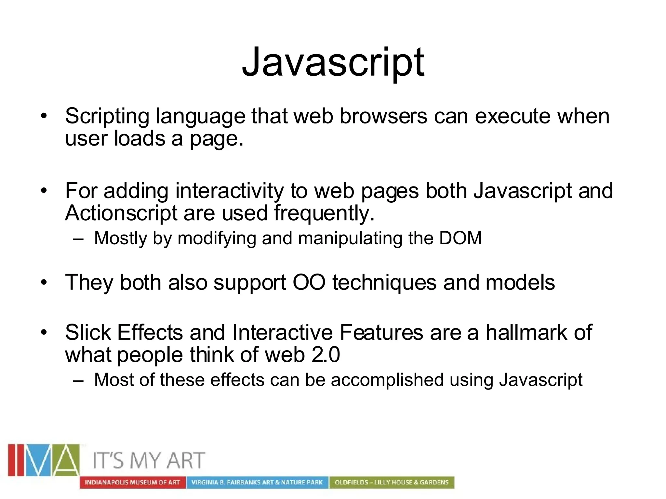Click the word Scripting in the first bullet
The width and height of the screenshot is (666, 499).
[x=107, y=116]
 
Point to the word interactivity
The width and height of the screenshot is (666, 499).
[x=229, y=191]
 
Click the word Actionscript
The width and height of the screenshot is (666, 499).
[x=121, y=213]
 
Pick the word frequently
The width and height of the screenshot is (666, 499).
[x=324, y=214]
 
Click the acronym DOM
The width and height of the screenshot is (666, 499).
[x=460, y=238]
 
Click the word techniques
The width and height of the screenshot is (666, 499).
[x=384, y=283]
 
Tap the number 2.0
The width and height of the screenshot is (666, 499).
[x=326, y=354]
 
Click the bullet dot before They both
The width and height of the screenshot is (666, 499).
[x=44, y=282]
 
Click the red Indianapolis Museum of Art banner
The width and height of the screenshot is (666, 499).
[x=132, y=482]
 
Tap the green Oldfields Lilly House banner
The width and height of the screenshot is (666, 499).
[x=392, y=482]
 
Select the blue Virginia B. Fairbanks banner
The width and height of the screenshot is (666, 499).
[x=257, y=482]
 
